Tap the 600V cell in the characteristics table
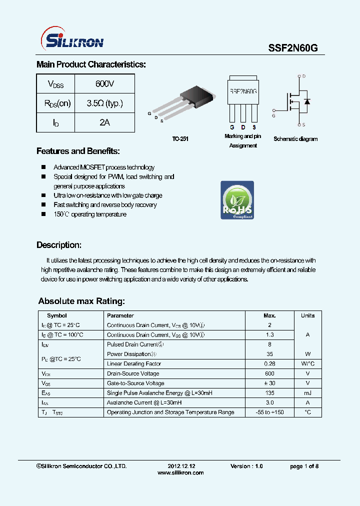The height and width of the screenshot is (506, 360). click(x=104, y=84)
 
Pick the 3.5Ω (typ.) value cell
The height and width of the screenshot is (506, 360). click(x=104, y=103)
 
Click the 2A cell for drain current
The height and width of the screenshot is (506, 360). click(x=104, y=122)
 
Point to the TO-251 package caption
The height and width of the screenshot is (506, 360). click(x=180, y=139)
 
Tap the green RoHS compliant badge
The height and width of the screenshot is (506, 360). click(x=237, y=200)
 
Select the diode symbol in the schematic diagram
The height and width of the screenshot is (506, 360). click(x=306, y=101)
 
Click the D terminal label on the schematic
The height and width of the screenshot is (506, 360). click(x=304, y=76)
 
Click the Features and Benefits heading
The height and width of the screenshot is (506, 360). click(x=78, y=151)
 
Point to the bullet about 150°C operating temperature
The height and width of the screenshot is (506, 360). click(x=90, y=214)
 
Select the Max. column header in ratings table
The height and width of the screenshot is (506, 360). click(x=269, y=315)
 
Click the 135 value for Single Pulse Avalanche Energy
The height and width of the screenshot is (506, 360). click(x=269, y=393)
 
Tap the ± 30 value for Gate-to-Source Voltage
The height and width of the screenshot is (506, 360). click(x=269, y=383)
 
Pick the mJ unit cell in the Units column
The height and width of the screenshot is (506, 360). click(x=307, y=393)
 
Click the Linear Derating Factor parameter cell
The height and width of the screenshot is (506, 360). click(x=134, y=364)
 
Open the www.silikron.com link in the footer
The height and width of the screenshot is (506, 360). click(x=180, y=472)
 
